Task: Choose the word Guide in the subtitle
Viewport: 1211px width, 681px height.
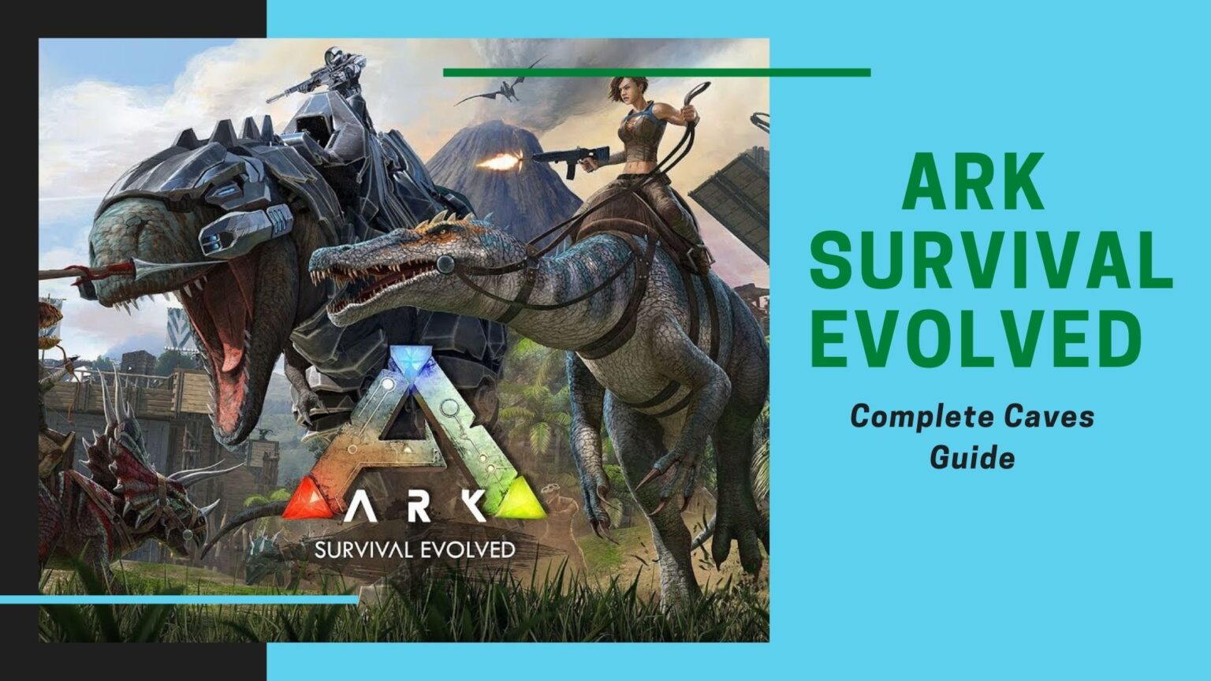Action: (x=972, y=456)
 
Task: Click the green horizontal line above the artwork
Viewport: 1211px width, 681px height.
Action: (x=656, y=73)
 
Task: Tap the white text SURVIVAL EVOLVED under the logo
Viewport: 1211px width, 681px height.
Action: (x=415, y=549)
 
